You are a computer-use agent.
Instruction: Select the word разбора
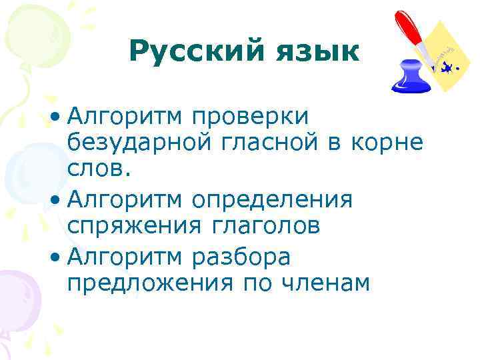coord(241,256)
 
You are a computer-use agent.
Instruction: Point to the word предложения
coord(151,283)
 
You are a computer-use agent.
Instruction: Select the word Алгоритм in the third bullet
coord(125,256)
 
